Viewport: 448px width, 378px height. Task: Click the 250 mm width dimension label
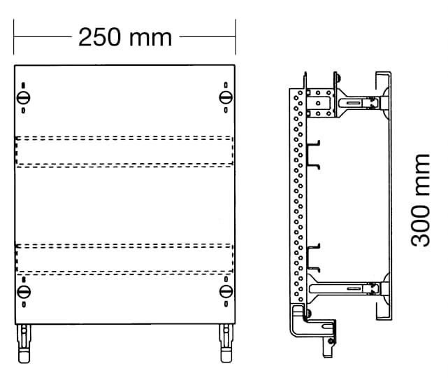click(125, 37)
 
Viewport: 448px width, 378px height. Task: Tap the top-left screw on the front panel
click(24, 97)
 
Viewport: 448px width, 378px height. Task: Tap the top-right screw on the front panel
click(225, 97)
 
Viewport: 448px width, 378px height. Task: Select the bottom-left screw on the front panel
click(24, 291)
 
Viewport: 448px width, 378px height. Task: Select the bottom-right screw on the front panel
click(225, 291)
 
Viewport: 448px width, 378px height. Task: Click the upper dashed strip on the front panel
click(124, 151)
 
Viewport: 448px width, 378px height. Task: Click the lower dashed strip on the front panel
click(124, 258)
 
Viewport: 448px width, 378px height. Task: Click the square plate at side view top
click(321, 100)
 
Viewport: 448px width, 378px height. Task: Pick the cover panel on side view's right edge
click(384, 196)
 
